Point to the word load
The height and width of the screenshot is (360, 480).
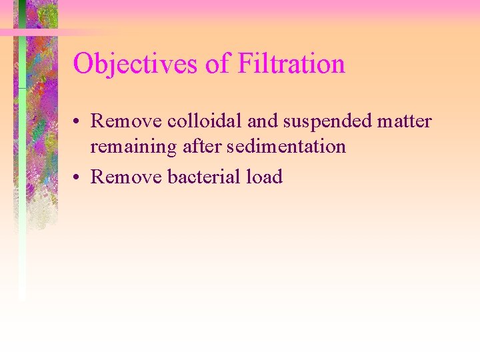(x=267, y=177)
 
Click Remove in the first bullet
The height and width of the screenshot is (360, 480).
(x=126, y=121)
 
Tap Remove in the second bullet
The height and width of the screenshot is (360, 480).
(x=126, y=177)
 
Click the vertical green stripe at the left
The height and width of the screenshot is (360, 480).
(x=22, y=200)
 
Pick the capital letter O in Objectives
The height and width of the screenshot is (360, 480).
(x=83, y=64)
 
